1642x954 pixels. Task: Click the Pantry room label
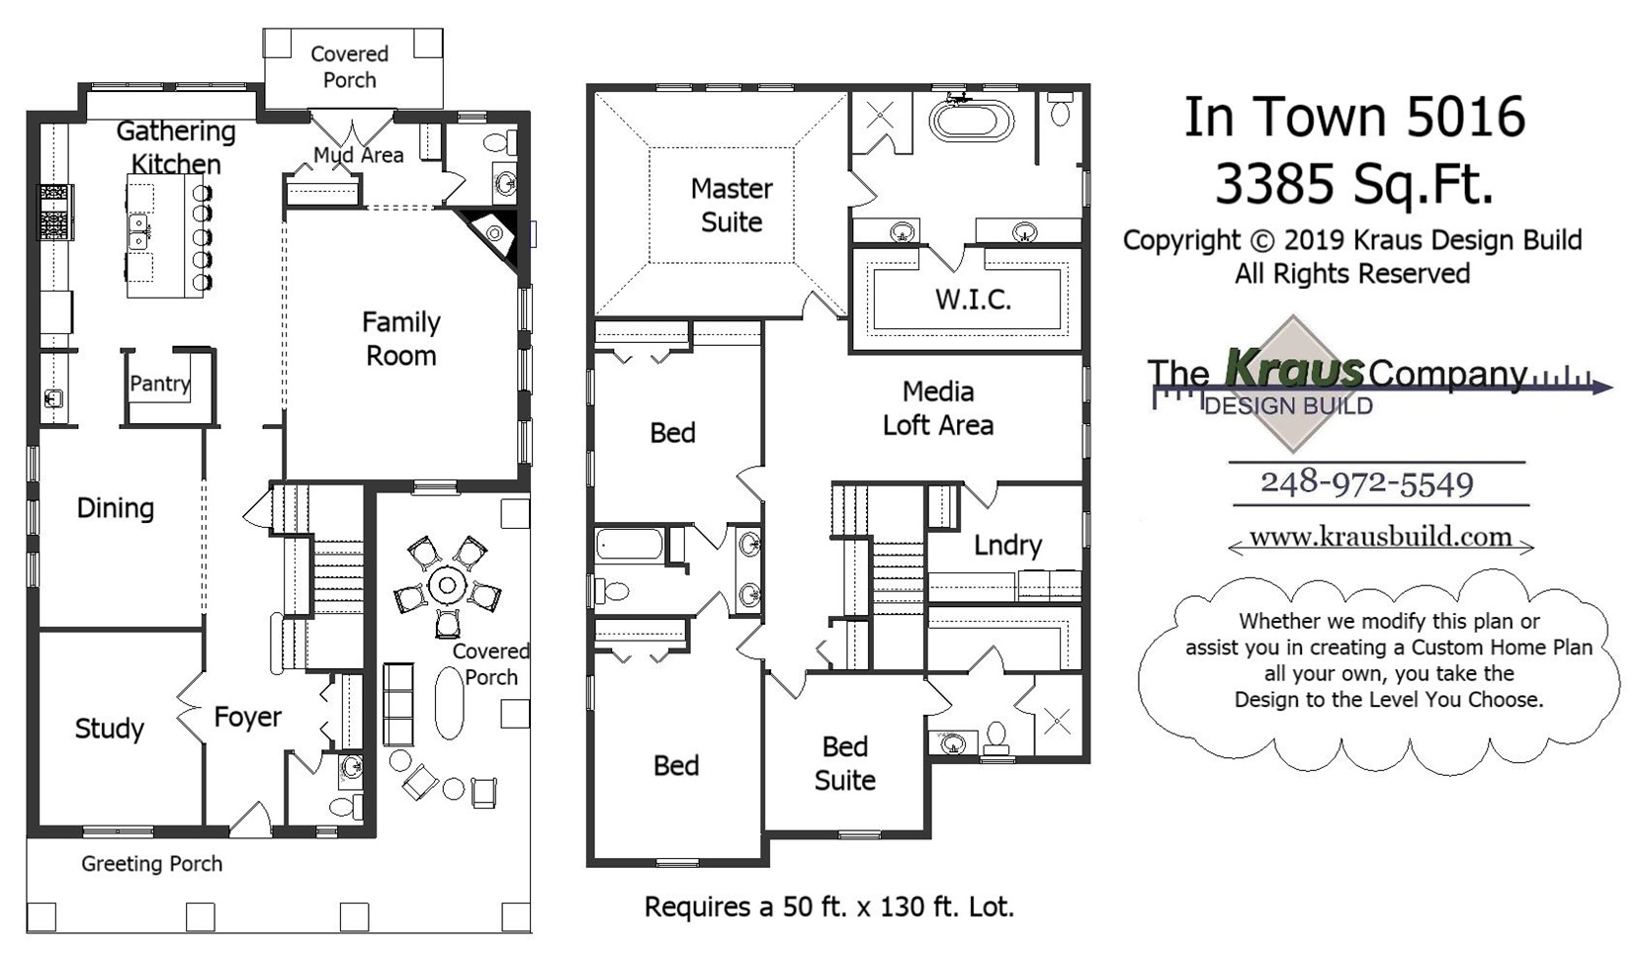[159, 384]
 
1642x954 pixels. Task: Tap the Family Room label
[400, 339]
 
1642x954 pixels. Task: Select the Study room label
[109, 729]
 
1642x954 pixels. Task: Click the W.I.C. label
[973, 300]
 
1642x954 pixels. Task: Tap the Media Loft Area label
[937, 408]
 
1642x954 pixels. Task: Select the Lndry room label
[1007, 545]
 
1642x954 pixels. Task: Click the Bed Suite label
[844, 763]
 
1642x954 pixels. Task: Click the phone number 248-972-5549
[1366, 483]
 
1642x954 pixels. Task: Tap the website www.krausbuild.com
[1380, 537]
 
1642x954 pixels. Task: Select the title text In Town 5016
[1354, 118]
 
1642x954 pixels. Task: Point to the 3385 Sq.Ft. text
[1353, 184]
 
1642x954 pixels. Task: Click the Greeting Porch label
[151, 864]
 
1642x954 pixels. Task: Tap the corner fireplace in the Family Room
[493, 233]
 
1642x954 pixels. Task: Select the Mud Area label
[358, 155]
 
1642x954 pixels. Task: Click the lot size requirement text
[828, 907]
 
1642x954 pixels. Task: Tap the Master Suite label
[732, 206]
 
